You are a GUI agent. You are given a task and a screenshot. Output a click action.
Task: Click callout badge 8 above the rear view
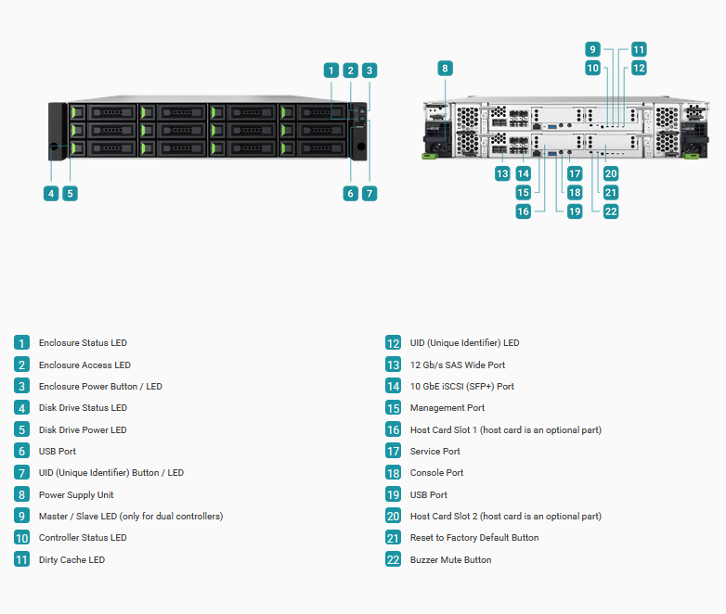pos(445,69)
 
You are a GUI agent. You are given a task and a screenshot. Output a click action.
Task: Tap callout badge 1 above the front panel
pos(331,70)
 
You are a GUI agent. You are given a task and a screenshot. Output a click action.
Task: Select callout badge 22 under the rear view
pos(611,211)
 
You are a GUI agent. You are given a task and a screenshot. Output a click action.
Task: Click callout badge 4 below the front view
pos(51,194)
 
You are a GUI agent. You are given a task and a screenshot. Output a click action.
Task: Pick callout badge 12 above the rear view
pos(639,68)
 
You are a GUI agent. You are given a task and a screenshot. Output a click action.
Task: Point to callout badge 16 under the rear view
pos(524,211)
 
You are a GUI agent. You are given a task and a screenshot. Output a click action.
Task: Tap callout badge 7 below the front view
pos(369,194)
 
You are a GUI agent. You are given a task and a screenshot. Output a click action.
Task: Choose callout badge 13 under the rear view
pos(502,173)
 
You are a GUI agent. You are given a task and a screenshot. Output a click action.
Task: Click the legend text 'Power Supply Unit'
pos(76,495)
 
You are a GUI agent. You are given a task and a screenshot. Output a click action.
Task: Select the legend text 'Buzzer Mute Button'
pos(450,560)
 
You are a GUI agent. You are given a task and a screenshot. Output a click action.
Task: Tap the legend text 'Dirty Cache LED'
pos(71,560)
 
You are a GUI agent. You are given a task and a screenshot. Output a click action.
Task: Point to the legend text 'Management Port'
pos(447,408)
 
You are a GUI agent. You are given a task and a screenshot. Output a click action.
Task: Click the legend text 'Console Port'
pos(436,472)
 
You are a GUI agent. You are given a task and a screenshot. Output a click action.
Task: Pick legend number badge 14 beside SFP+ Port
pos(393,386)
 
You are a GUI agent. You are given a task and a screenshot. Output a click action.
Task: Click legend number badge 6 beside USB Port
pos(21,451)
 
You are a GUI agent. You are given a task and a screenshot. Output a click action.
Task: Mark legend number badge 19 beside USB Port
pos(393,494)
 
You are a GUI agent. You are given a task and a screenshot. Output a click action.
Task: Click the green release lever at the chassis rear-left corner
pos(429,156)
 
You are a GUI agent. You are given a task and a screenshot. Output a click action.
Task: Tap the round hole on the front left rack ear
pos(54,147)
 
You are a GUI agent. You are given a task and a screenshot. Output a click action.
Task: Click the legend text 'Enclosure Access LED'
pos(84,365)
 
